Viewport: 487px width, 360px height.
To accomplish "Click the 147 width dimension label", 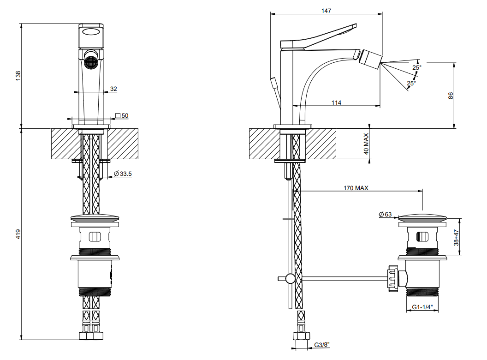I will tap(326, 10).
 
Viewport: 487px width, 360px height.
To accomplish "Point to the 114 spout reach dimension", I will tap(336, 102).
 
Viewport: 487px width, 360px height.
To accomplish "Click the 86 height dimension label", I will tap(451, 96).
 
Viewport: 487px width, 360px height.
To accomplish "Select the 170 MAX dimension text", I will tap(356, 188).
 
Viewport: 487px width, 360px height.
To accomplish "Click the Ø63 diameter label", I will tap(385, 214).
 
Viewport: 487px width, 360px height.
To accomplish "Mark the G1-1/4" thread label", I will tap(422, 307).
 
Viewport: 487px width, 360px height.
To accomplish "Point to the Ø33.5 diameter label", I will tap(123, 174).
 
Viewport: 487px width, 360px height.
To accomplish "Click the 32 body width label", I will tap(113, 89).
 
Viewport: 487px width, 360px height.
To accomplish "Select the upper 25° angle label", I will tap(416, 67).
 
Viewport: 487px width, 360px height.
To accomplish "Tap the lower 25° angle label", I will tap(411, 83).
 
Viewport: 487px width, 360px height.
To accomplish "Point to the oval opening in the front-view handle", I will tap(91, 32).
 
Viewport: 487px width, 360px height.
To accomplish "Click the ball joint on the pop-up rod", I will tap(290, 278).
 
